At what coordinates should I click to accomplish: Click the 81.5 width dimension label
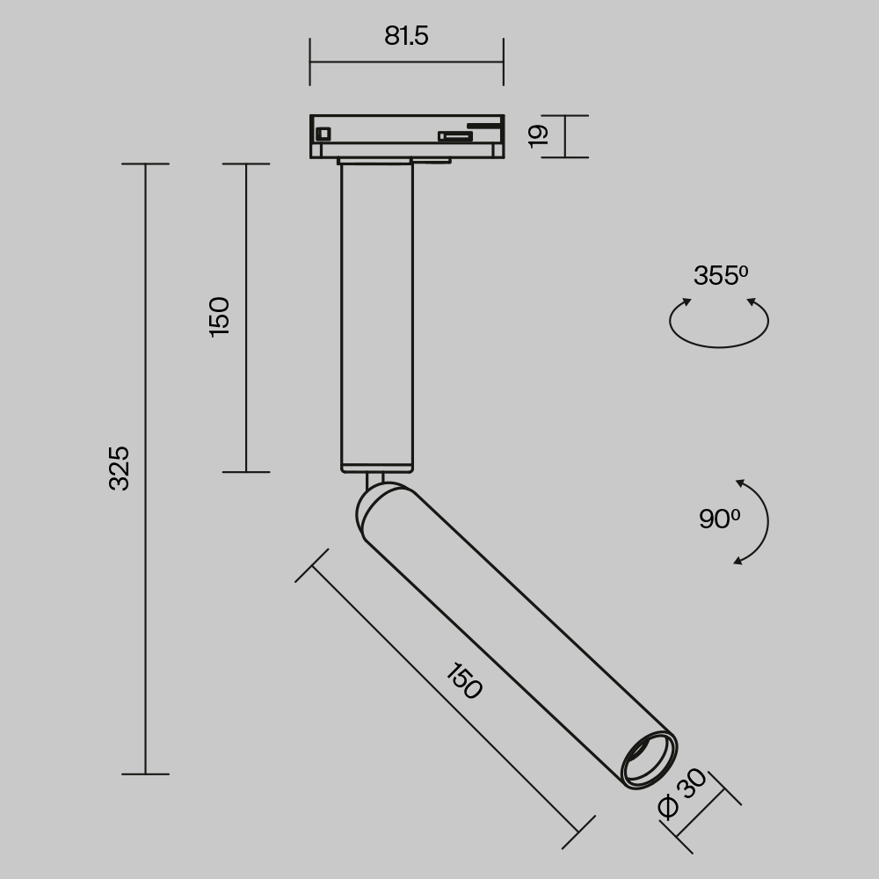point(406,36)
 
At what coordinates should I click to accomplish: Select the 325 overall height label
point(120,468)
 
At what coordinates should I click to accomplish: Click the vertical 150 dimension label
point(220,316)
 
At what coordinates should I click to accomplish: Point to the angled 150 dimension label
point(463,681)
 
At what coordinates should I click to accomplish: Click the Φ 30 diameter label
point(683,793)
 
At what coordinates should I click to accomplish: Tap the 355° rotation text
point(720,276)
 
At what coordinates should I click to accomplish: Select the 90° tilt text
point(719,519)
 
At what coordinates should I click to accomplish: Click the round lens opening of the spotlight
point(649,758)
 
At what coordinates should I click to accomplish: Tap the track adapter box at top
point(406,136)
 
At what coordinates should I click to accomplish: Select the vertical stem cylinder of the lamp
point(377,316)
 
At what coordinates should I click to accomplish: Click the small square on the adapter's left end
point(323,134)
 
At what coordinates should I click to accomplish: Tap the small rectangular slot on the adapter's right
point(455,136)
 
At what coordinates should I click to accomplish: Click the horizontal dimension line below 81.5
point(406,62)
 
